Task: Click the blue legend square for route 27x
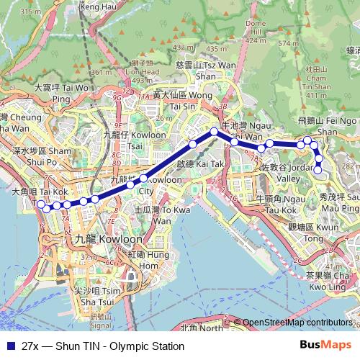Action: click(x=9, y=346)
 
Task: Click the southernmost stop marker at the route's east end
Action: click(x=318, y=171)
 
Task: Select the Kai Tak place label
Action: click(x=194, y=164)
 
